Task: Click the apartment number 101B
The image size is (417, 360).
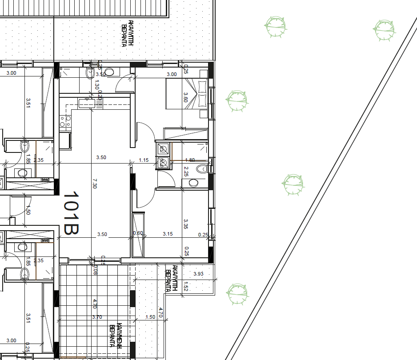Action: (x=71, y=213)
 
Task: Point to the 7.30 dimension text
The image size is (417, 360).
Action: (x=94, y=184)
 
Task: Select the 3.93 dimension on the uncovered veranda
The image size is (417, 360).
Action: (x=198, y=274)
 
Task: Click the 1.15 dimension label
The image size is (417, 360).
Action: (x=143, y=160)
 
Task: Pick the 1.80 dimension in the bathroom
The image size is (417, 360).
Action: (x=189, y=160)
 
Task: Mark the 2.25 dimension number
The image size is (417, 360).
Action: (x=186, y=171)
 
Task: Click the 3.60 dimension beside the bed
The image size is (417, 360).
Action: (x=186, y=97)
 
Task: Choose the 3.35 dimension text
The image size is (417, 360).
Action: (x=186, y=224)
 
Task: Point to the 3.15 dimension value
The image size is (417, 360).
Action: (x=168, y=234)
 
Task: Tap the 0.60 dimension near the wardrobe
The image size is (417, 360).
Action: (x=138, y=233)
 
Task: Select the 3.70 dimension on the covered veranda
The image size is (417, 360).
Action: (x=97, y=317)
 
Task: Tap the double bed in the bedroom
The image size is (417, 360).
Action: (x=186, y=93)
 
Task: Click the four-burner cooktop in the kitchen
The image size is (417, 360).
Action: (x=65, y=121)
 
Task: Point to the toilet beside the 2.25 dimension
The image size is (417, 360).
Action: (x=202, y=168)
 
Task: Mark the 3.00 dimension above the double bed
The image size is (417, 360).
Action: (x=171, y=74)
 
